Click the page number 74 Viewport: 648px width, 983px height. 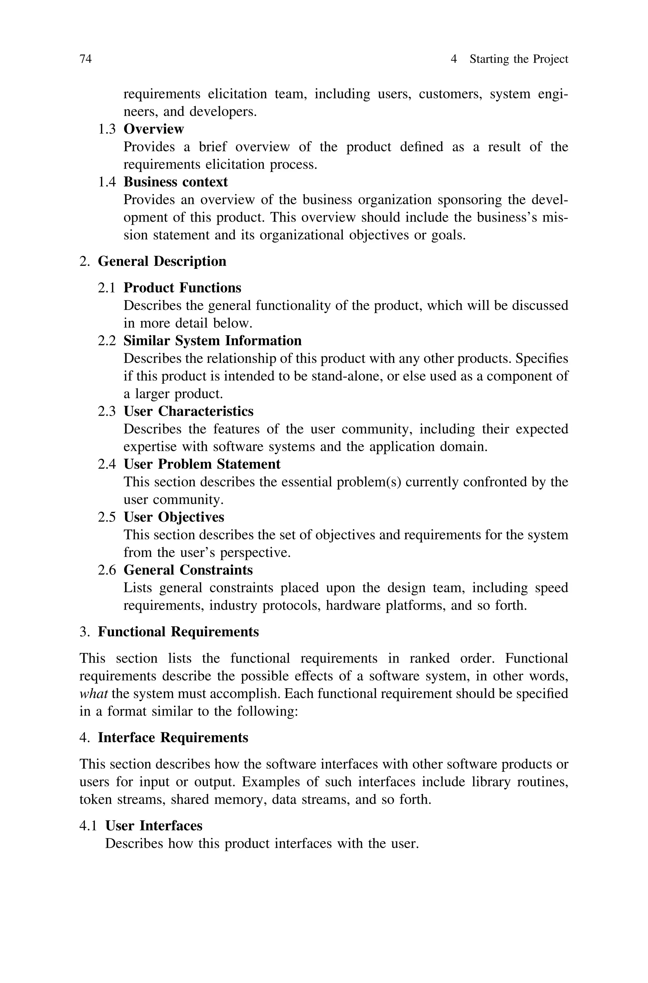(x=85, y=59)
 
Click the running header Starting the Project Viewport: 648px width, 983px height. (x=519, y=59)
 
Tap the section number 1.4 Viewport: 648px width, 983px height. (x=107, y=182)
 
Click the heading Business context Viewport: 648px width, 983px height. (x=176, y=182)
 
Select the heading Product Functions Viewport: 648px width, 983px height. (x=182, y=288)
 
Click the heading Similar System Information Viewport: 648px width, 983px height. (x=212, y=341)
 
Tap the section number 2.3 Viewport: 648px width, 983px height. (x=107, y=411)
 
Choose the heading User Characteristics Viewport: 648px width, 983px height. (x=189, y=411)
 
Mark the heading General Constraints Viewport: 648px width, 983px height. (x=188, y=570)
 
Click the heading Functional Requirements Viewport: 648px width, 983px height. (x=178, y=632)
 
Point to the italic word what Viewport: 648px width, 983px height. (x=93, y=694)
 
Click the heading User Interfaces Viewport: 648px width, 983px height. (x=154, y=826)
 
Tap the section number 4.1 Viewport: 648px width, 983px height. (x=88, y=826)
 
